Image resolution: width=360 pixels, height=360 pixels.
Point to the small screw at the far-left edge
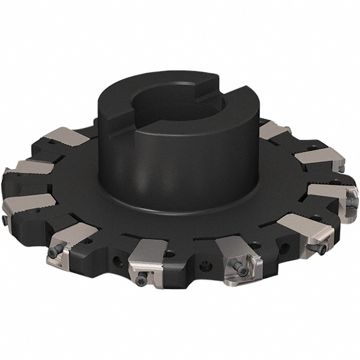click(5, 221)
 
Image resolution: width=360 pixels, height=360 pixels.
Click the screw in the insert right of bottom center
click(243, 271)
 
